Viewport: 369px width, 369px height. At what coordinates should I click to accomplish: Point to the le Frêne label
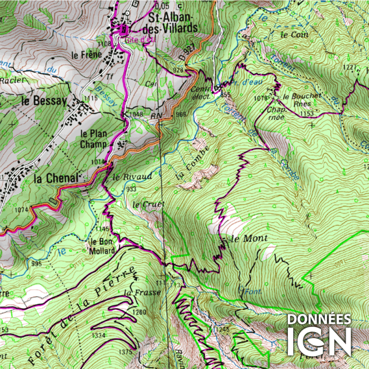[86, 54]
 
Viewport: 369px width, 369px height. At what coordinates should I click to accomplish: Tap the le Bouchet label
[302, 96]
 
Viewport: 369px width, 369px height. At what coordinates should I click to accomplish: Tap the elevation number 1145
[102, 229]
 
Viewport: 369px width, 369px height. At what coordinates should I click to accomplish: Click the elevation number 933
[131, 190]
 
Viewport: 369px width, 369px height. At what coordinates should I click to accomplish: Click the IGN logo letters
[319, 342]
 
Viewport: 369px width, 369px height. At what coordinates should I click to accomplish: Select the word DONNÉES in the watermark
[319, 319]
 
